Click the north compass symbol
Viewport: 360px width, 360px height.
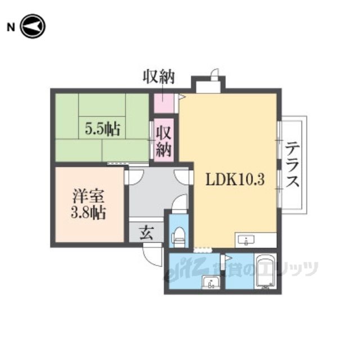pyautogui.click(x=33, y=26)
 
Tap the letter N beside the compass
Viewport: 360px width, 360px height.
pyautogui.click(x=11, y=28)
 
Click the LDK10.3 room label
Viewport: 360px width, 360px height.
pyautogui.click(x=235, y=179)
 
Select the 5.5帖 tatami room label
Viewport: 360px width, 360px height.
pyautogui.click(x=102, y=129)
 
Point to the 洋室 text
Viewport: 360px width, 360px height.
pyautogui.click(x=88, y=196)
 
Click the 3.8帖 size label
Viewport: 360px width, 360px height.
pyautogui.click(x=88, y=213)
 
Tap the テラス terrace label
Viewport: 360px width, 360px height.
pyautogui.click(x=292, y=164)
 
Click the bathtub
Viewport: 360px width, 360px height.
pyautogui.click(x=265, y=271)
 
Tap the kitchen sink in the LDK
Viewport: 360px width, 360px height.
pyautogui.click(x=246, y=240)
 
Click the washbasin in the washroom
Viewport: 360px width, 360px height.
pyautogui.click(x=211, y=282)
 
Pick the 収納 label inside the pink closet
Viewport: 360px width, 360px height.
pyautogui.click(x=164, y=141)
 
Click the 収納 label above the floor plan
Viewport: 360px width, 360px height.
pyautogui.click(x=159, y=76)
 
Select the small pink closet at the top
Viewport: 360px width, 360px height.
pyautogui.click(x=164, y=103)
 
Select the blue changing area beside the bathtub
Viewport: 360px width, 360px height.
pyautogui.click(x=240, y=271)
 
